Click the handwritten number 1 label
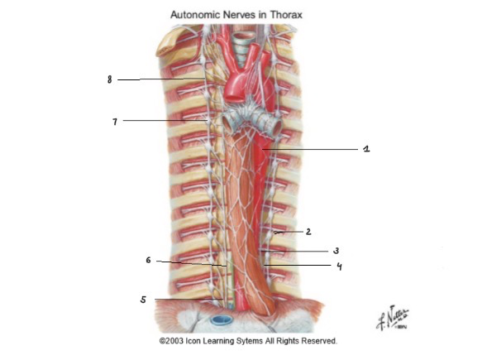pyautogui.click(x=366, y=149)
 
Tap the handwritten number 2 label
pyautogui.click(x=308, y=232)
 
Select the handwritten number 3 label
pyautogui.click(x=336, y=251)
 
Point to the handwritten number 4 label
pyautogui.click(x=340, y=266)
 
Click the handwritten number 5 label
pyautogui.click(x=143, y=300)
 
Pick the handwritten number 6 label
pyautogui.click(x=149, y=260)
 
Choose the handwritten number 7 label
pyautogui.click(x=115, y=122)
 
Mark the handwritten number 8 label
pyautogui.click(x=109, y=79)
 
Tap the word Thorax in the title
pyautogui.click(x=286, y=15)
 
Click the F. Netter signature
pyautogui.click(x=392, y=318)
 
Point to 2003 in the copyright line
pyautogui.click(x=174, y=341)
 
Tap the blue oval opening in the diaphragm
pyautogui.click(x=222, y=319)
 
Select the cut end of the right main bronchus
pyautogui.click(x=227, y=122)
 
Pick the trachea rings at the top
pyautogui.click(x=242, y=46)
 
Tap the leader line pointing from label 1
pyautogui.click(x=310, y=149)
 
